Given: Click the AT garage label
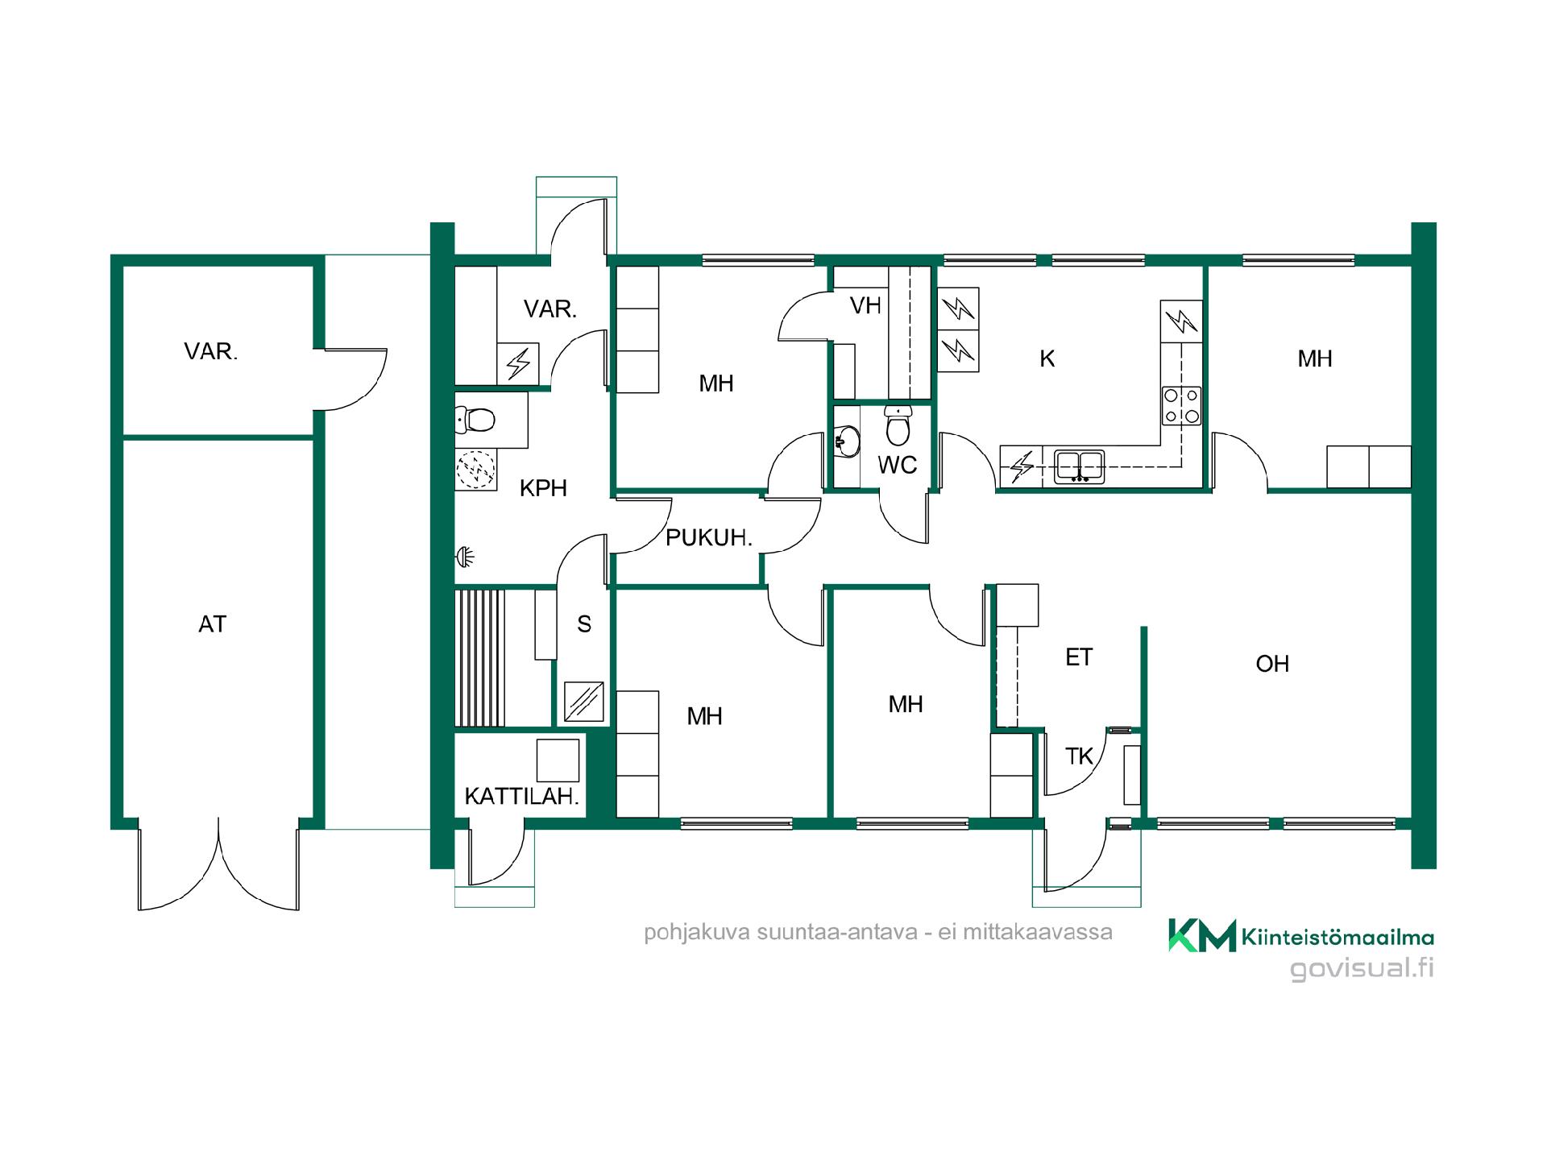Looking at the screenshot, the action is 213,624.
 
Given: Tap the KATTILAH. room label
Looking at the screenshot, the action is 522,797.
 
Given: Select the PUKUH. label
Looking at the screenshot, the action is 709,538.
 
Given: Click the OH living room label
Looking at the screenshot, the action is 1272,664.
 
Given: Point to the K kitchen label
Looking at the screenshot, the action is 1047,358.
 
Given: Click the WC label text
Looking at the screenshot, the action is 898,465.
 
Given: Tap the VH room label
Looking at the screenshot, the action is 866,305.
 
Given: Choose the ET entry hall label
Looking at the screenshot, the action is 1079,657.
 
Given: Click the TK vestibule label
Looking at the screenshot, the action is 1079,756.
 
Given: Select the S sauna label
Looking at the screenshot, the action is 584,624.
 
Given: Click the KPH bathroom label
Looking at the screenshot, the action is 543,488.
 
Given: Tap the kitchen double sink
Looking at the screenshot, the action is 1080,467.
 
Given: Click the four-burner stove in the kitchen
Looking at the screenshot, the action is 1181,406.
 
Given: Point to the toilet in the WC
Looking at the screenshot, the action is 898,425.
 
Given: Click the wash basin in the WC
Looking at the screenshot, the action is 847,441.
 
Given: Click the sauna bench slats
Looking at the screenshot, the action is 480,658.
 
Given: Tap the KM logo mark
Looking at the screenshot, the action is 1202,935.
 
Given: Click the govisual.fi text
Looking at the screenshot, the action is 1362,967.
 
